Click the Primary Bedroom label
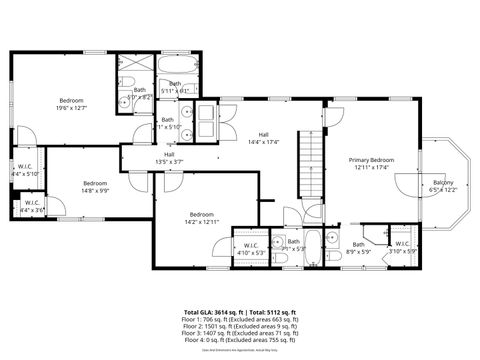(371, 164)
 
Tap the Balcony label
(443, 186)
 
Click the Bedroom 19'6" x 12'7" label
(71, 104)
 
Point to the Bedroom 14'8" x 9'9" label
(95, 187)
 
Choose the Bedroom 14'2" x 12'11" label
(202, 219)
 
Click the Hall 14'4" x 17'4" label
(264, 138)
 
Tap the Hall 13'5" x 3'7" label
(169, 157)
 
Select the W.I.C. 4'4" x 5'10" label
(26, 171)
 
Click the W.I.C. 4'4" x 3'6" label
(32, 207)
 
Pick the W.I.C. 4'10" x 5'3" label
(250, 249)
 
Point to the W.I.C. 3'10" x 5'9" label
(402, 247)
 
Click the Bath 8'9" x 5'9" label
(359, 248)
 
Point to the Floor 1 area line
(240, 320)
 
